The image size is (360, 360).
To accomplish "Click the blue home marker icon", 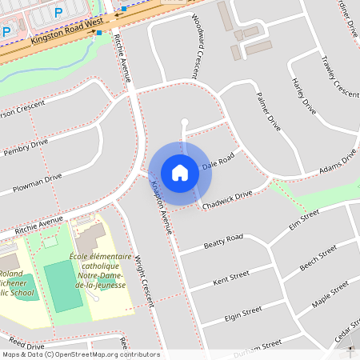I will point(180,172).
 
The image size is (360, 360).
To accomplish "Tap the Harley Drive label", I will point(305,95).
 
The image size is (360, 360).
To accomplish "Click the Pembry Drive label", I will point(26,147).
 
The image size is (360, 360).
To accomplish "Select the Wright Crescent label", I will point(143,281).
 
